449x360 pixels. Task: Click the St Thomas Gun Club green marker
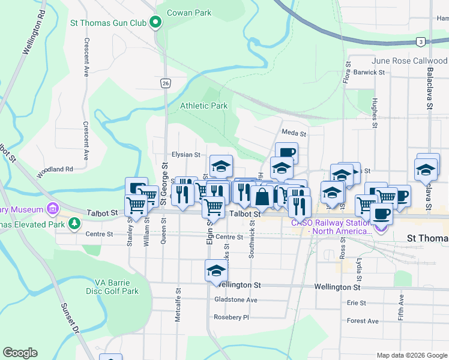[x=155, y=23]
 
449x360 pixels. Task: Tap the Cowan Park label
[x=189, y=12]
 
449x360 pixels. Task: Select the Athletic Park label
[x=204, y=106]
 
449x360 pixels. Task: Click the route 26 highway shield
[x=165, y=83]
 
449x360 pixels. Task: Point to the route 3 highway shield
[x=421, y=41]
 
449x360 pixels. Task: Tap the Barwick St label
[x=369, y=72]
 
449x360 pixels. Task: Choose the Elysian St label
[x=185, y=154]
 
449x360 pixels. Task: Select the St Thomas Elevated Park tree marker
[x=74, y=224]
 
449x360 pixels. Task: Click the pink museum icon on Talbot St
[x=53, y=209]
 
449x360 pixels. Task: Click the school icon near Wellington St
[x=216, y=271]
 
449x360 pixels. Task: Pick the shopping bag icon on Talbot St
[x=262, y=196]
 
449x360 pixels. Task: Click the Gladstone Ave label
[x=236, y=300]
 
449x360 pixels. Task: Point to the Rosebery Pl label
[x=231, y=317]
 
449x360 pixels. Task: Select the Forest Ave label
[x=363, y=321]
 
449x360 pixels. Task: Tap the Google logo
[x=20, y=353]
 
